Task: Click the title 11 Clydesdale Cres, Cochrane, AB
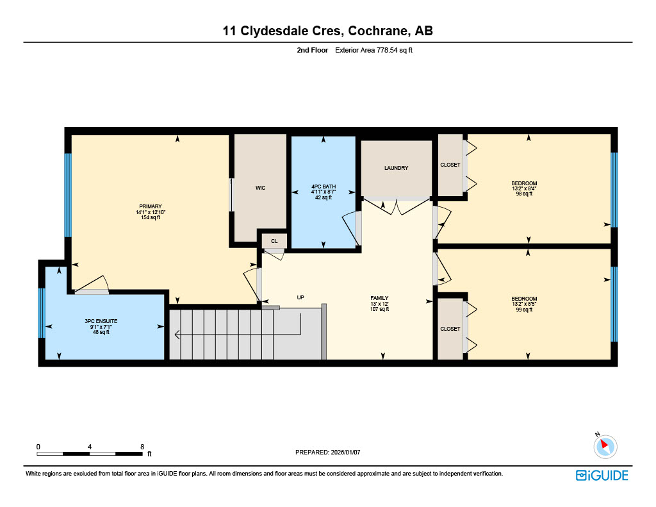327,30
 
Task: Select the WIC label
260,188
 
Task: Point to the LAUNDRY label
396,168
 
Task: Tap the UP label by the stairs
300,297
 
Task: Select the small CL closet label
274,241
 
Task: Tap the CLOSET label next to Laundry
450,165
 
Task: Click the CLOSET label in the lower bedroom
450,329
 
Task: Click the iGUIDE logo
602,475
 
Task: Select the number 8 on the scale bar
142,446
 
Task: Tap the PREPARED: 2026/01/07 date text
327,452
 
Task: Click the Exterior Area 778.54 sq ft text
373,49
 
